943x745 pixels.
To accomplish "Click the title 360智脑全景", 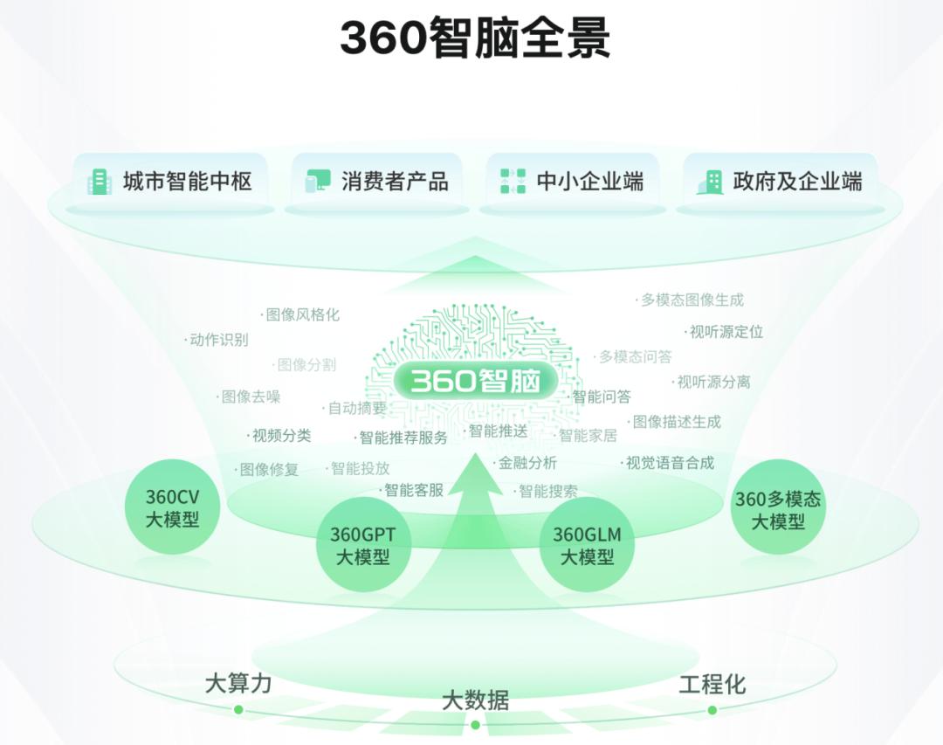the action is pyautogui.click(x=475, y=38).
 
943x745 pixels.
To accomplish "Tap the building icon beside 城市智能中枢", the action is pyautogui.click(x=100, y=181).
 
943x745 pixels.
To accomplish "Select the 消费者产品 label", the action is pyautogui.click(x=395, y=181).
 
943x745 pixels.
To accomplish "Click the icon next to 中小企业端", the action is pyautogui.click(x=513, y=181).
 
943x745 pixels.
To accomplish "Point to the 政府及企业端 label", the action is pyautogui.click(x=797, y=181).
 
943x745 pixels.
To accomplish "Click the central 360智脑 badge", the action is pyautogui.click(x=475, y=381).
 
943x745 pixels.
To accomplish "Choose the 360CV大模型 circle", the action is pyautogui.click(x=173, y=507).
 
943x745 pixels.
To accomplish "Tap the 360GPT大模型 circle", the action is pyautogui.click(x=362, y=545).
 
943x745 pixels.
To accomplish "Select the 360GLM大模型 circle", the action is pyautogui.click(x=587, y=545).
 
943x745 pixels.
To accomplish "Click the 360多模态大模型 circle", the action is pyautogui.click(x=778, y=508).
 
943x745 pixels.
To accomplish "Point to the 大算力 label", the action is pyautogui.click(x=238, y=684).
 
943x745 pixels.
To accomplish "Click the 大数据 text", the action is pyautogui.click(x=475, y=700).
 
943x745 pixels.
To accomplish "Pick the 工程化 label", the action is pyautogui.click(x=712, y=684).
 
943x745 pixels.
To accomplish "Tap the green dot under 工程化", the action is pyautogui.click(x=712, y=710).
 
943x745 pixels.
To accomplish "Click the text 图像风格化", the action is pyautogui.click(x=302, y=314).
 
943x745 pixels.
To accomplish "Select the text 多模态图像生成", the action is pyautogui.click(x=692, y=300).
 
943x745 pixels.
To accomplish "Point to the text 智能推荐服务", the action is pyautogui.click(x=403, y=438).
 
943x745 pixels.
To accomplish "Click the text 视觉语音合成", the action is pyautogui.click(x=670, y=463).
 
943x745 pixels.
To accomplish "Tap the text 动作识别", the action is pyautogui.click(x=219, y=340).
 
